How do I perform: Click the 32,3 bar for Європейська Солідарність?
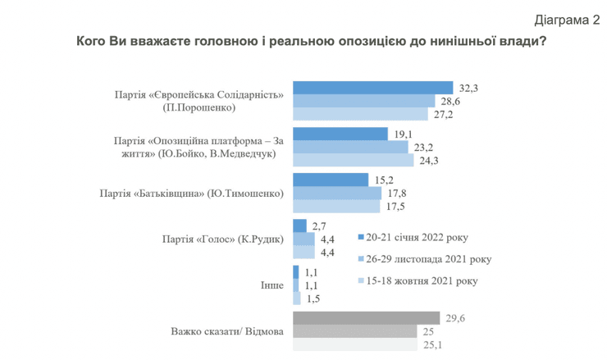372,88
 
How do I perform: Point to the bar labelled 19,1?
340,134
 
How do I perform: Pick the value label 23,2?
427,147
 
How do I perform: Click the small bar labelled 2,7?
299,226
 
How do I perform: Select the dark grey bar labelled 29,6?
366,319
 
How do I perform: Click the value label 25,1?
432,345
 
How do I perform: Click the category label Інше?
272,285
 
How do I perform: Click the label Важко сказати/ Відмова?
227,332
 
